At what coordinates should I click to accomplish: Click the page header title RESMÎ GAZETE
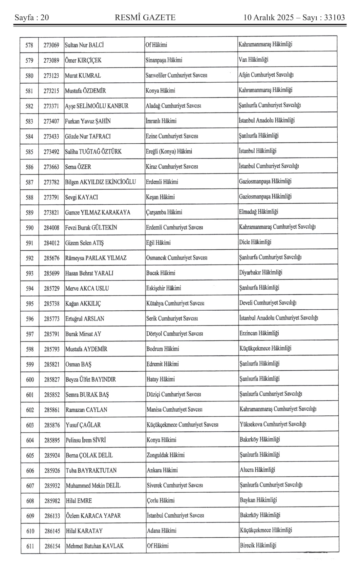145,17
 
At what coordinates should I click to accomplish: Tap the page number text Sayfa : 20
31,17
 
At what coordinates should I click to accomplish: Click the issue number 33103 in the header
334,17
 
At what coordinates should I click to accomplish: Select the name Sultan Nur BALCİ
84,45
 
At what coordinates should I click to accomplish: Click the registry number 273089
51,60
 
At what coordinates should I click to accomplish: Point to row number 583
29,121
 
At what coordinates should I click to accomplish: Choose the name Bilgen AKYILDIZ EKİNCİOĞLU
100,182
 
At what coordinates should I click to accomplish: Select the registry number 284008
51,228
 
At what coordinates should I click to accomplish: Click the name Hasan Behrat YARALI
89,273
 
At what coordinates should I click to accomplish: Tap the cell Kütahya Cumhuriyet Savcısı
175,303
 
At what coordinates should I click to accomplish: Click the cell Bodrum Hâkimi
163,349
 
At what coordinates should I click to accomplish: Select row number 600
30,379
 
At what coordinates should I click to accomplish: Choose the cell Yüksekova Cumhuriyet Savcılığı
273,424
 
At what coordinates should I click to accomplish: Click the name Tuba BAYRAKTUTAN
91,470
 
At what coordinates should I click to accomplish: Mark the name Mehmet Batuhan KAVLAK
94,546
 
